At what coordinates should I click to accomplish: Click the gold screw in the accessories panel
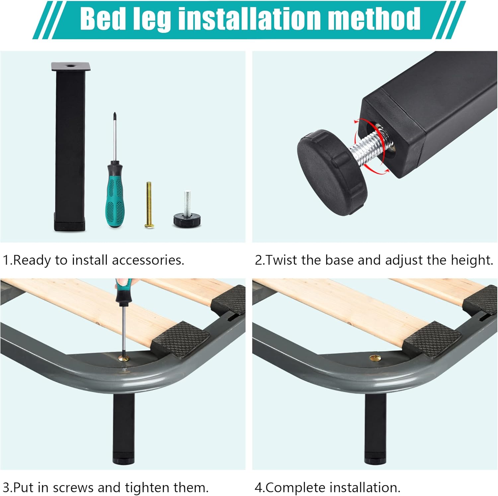click(149, 205)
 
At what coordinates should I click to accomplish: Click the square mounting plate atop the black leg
click(71, 66)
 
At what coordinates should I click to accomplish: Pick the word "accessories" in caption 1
click(148, 260)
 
